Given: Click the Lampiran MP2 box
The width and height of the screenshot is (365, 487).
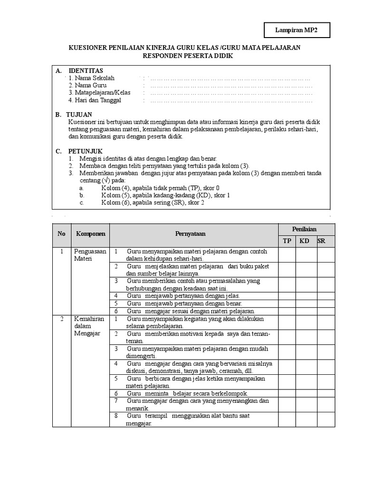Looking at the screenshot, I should [x=297, y=30].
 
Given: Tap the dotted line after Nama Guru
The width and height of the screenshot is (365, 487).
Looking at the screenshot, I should [x=231, y=86].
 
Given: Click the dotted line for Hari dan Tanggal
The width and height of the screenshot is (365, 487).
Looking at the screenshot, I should [x=231, y=100].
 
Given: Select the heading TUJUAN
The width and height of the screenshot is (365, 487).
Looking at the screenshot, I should [x=80, y=115].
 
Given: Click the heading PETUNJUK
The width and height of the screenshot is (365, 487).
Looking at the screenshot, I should [x=83, y=151].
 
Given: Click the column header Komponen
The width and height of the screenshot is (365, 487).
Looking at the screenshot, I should [x=90, y=234].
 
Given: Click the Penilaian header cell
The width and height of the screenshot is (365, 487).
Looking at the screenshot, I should [x=304, y=229].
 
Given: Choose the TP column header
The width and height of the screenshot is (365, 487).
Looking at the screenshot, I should [x=287, y=241].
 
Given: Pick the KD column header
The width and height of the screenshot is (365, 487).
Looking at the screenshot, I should [x=304, y=241].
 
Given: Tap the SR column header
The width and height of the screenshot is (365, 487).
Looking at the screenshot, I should [x=322, y=241].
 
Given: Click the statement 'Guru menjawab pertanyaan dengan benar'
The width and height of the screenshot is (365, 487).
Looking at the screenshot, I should [x=184, y=303].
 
